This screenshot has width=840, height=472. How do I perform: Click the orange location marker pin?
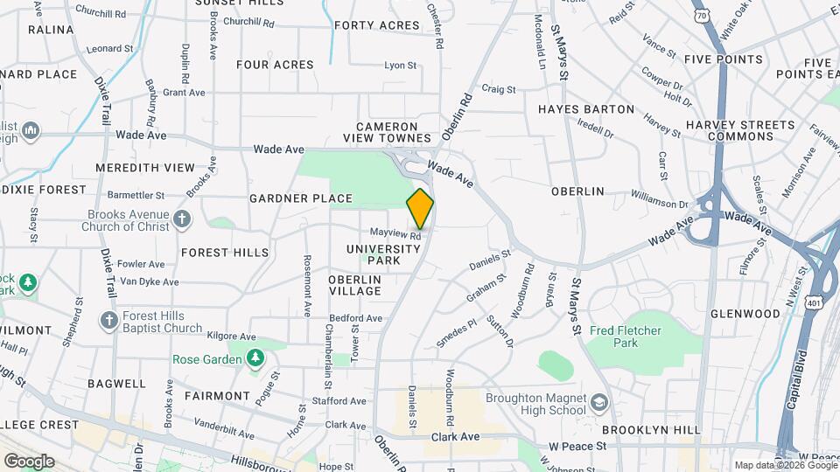[x=420, y=208]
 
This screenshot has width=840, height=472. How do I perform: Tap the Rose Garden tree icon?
[x=255, y=358]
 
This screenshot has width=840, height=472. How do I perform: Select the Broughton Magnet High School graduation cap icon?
[x=599, y=403]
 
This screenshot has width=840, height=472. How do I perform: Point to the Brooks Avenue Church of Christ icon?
[x=182, y=218]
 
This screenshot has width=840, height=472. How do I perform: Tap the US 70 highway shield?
[x=702, y=17]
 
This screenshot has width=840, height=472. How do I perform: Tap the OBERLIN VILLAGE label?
[x=354, y=284]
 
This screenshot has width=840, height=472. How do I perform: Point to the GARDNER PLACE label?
[x=300, y=198]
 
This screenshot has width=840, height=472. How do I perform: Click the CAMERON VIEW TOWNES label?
[x=393, y=132]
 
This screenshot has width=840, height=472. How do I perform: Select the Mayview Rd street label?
[x=395, y=233]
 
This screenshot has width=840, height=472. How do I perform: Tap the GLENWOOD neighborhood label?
[x=745, y=314]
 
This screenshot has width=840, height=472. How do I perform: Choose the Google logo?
[x=29, y=461]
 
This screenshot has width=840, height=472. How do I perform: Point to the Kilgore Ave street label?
[x=228, y=335]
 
